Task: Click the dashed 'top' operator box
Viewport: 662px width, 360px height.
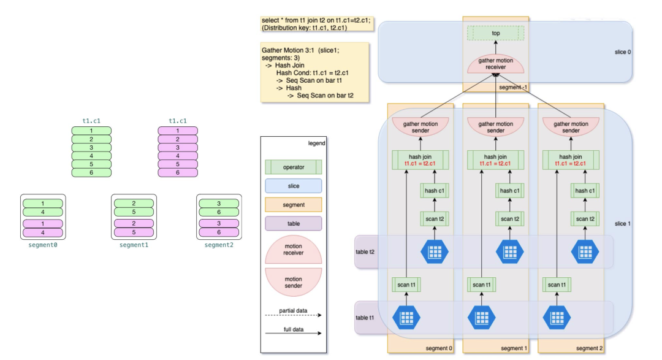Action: pos(496,33)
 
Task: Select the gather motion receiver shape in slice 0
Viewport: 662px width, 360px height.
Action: pos(496,64)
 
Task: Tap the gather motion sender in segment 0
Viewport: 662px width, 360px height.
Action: pos(420,127)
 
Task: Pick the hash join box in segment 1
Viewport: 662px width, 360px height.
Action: pos(496,160)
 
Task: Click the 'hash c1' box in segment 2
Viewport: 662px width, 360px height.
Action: pos(585,191)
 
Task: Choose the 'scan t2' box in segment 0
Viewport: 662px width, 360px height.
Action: pos(435,219)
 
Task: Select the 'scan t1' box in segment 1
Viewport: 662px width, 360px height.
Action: pos(482,285)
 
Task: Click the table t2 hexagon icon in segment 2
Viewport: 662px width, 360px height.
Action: pos(585,252)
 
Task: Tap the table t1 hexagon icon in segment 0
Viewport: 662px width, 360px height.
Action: pos(406,317)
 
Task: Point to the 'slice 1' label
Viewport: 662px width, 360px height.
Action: pos(622,223)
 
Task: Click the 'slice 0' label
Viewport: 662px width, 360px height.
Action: pos(622,52)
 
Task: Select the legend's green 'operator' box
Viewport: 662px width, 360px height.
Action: pos(294,167)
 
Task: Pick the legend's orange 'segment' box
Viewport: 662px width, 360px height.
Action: pos(294,205)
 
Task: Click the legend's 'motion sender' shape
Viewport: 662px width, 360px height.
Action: pos(294,281)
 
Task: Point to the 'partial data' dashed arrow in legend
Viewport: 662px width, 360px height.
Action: pos(294,315)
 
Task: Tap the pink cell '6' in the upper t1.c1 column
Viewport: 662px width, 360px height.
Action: pos(178,173)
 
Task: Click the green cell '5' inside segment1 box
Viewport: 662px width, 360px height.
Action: pos(134,212)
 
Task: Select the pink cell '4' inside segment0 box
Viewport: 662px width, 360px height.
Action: pos(43,232)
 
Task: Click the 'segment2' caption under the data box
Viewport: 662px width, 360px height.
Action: pos(219,245)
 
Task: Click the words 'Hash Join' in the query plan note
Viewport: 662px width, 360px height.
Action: pos(289,65)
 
